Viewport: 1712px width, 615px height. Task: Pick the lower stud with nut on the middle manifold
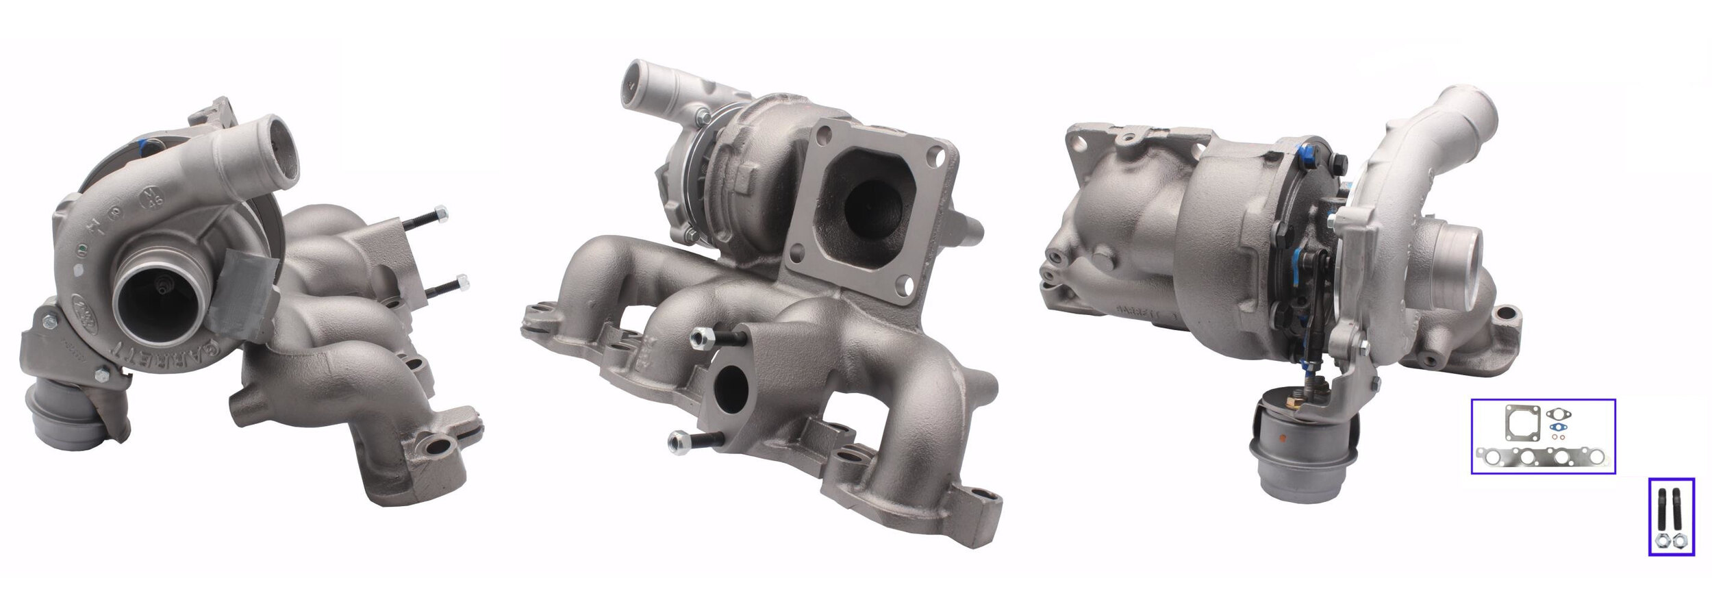pyautogui.click(x=692, y=442)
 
